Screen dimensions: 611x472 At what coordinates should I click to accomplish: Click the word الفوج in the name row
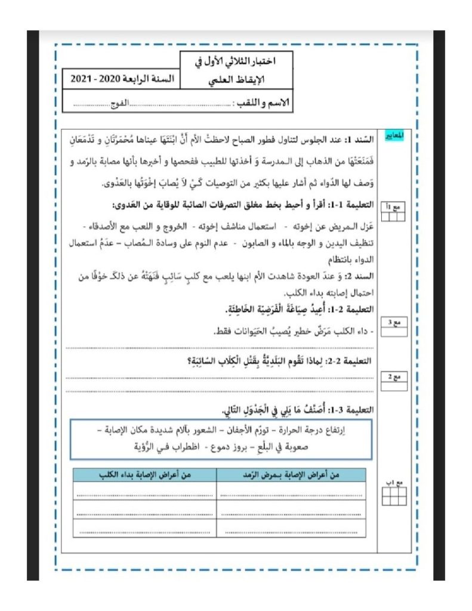(x=121, y=103)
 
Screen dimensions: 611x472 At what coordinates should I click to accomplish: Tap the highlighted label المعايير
(x=394, y=135)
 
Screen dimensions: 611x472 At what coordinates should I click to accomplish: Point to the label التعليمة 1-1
(x=351, y=205)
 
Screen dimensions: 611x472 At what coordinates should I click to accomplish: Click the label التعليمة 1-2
(x=351, y=309)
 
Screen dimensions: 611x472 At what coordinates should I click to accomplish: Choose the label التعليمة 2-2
(x=351, y=361)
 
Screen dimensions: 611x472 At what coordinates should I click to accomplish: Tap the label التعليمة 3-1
(x=351, y=410)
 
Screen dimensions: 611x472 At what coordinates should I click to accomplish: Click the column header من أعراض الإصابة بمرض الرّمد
(x=292, y=475)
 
